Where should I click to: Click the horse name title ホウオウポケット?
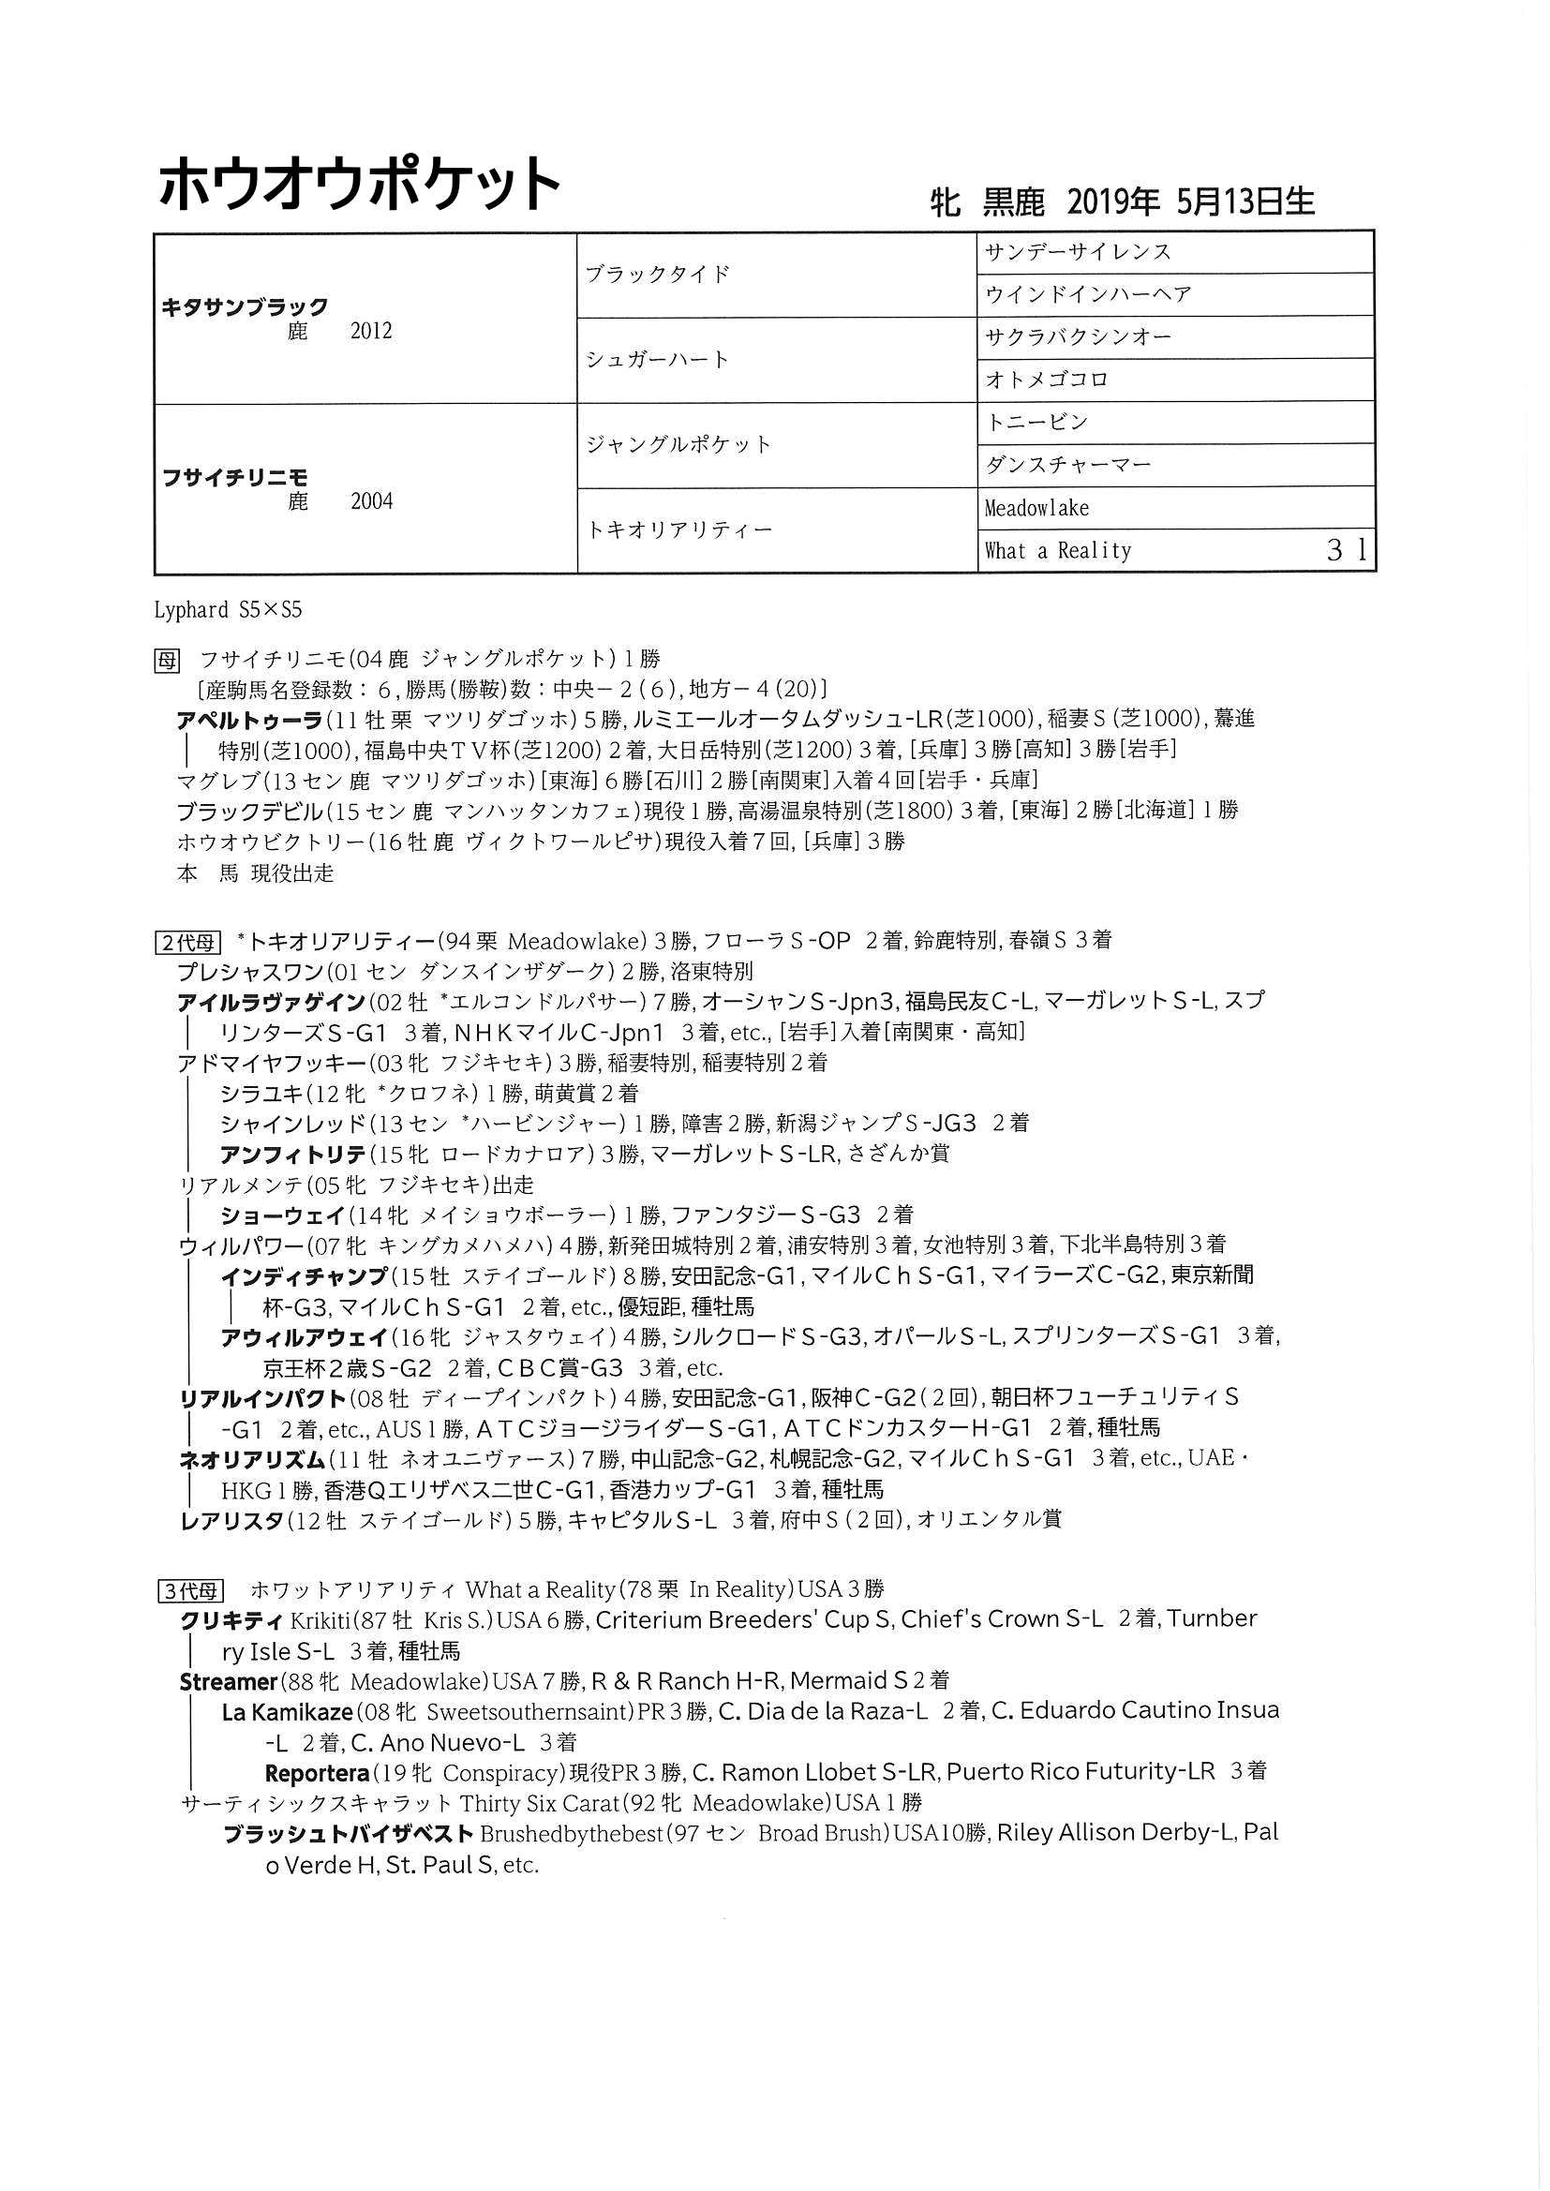[x=358, y=184]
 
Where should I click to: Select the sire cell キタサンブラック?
[x=246, y=307]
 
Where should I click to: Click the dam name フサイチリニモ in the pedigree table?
[x=235, y=477]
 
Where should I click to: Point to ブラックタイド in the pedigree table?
[x=658, y=275]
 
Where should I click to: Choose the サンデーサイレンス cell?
[x=1078, y=253]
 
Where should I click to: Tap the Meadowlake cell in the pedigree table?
[x=1036, y=508]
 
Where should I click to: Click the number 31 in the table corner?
[x=1347, y=551]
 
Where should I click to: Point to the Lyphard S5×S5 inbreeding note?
[x=228, y=610]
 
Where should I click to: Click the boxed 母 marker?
[x=167, y=660]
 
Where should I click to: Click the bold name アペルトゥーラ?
[x=249, y=720]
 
